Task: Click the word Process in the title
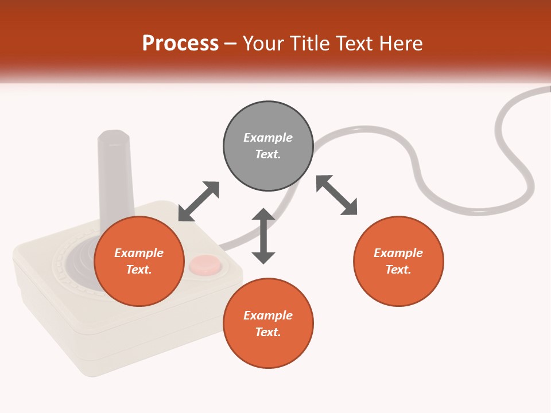tap(180, 43)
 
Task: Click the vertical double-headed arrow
tap(263, 236)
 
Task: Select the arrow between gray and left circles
tap(199, 201)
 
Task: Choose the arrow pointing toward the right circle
tap(337, 195)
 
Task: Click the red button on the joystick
tap(205, 264)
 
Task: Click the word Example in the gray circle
tap(268, 138)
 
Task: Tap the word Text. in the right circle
tap(398, 270)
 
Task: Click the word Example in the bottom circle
tap(268, 315)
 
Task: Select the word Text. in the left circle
tap(139, 270)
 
